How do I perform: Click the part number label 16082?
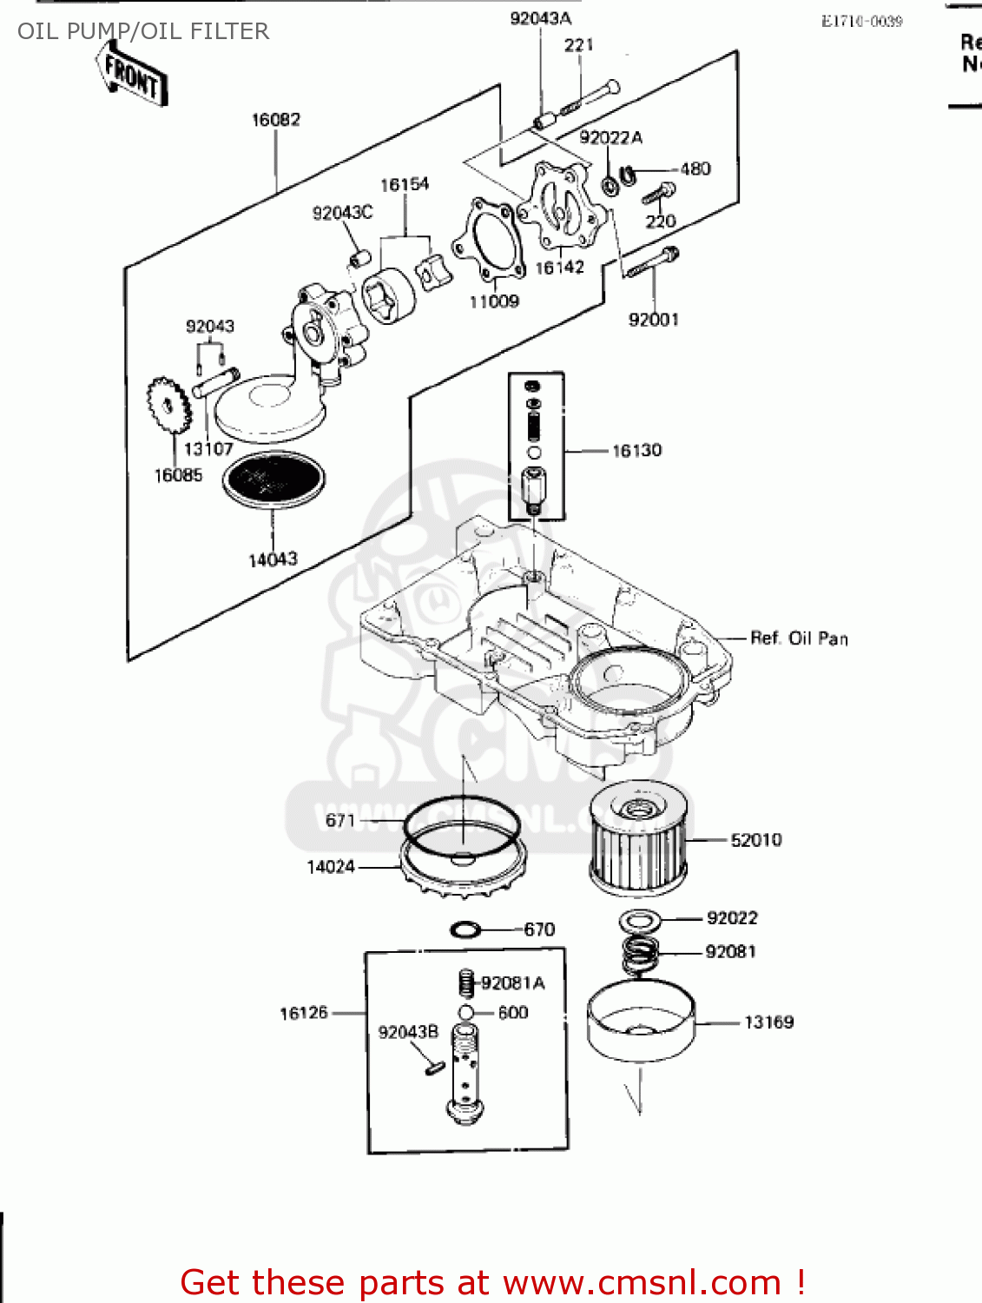(275, 120)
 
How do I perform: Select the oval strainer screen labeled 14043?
(274, 479)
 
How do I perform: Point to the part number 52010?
(755, 840)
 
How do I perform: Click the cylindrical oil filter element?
(638, 838)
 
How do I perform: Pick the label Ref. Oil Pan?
(799, 638)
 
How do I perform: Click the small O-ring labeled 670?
(465, 930)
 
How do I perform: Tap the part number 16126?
(303, 1013)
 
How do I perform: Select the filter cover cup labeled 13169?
(640, 1022)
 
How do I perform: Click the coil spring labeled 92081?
(640, 955)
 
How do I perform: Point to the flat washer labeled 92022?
(640, 920)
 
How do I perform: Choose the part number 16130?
(636, 450)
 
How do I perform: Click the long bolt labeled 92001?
(651, 261)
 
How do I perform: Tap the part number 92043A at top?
(540, 19)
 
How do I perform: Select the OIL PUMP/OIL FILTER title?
(143, 31)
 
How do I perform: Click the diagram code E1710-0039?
(861, 21)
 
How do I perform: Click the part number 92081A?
(513, 983)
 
